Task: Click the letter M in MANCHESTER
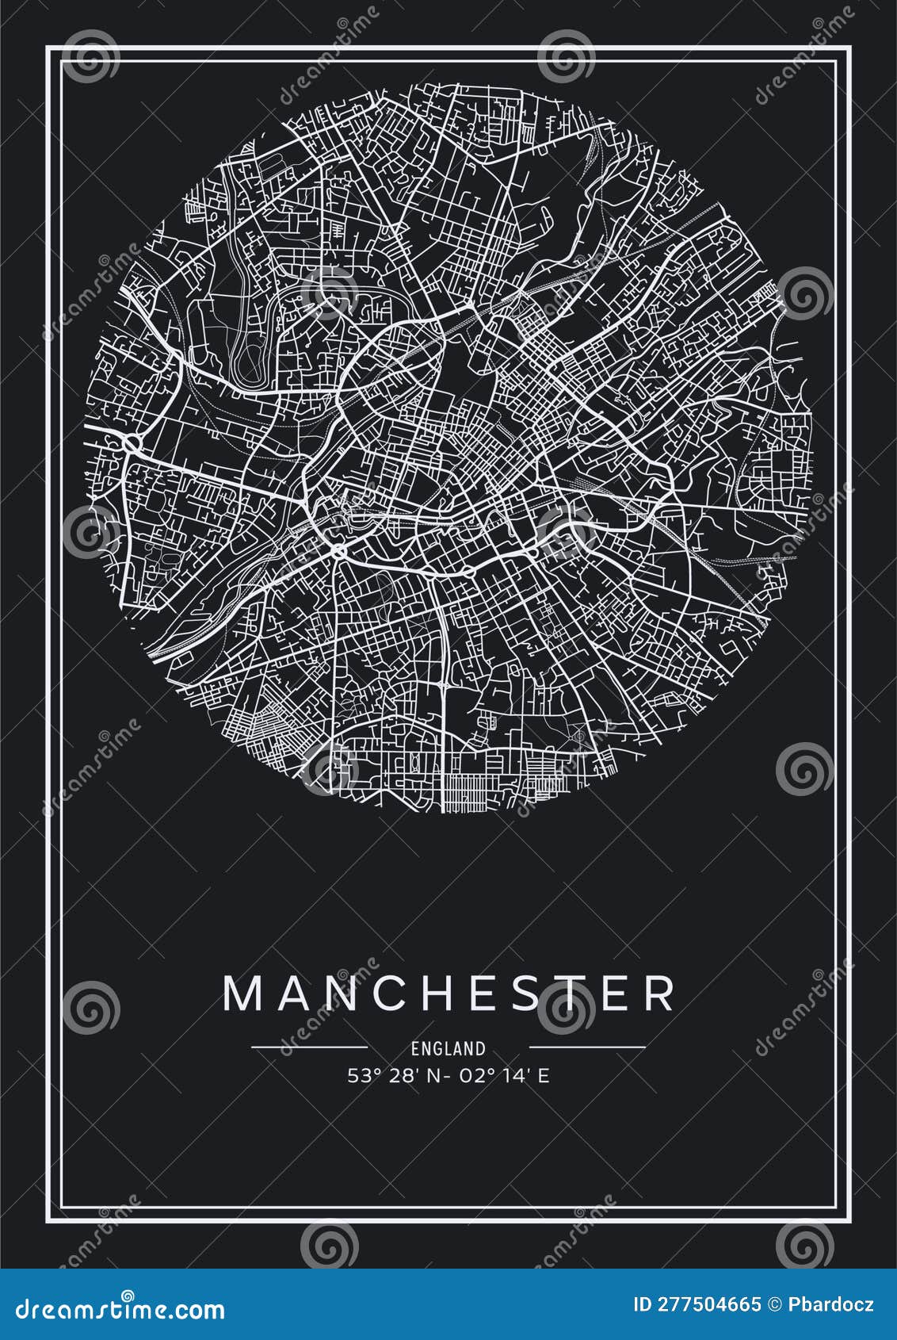(x=243, y=993)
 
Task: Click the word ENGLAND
(x=448, y=1048)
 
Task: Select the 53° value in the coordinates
(x=365, y=1076)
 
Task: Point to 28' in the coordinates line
(x=402, y=1076)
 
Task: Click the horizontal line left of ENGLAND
(x=309, y=1047)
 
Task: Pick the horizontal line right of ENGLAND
(x=587, y=1047)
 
